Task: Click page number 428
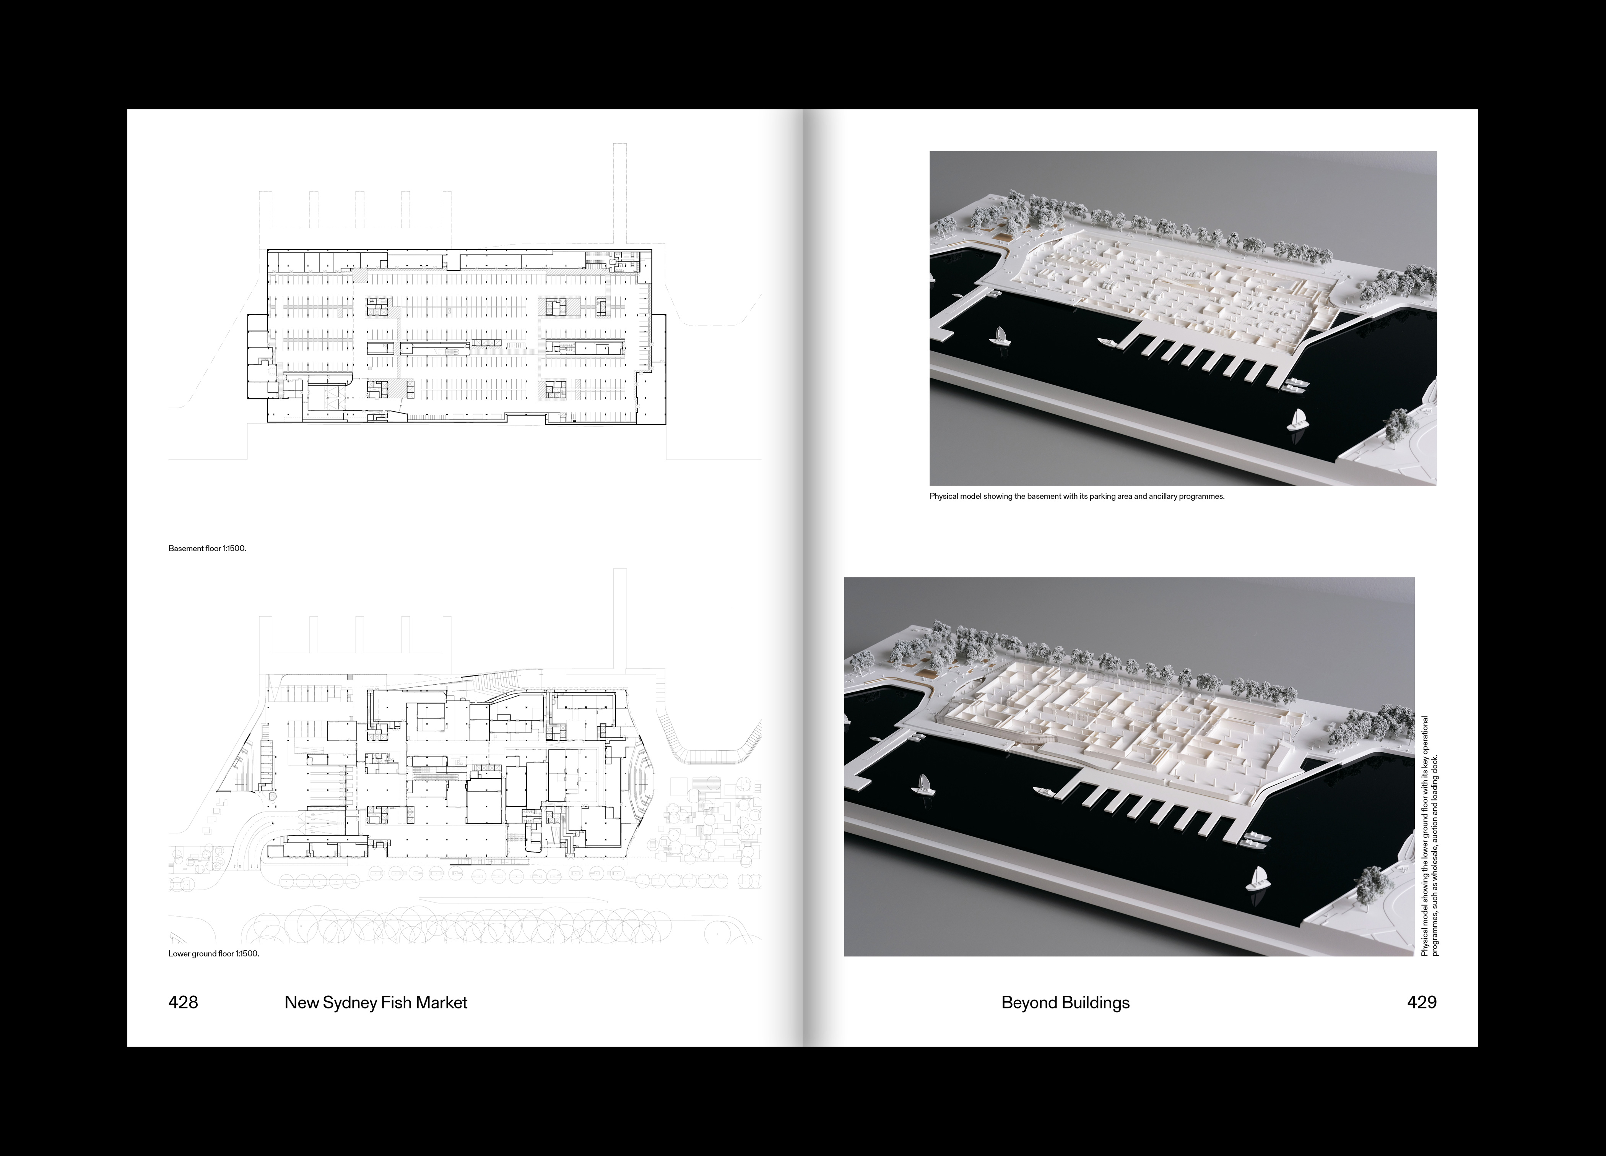tap(184, 1002)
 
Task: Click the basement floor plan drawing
tap(466, 336)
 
